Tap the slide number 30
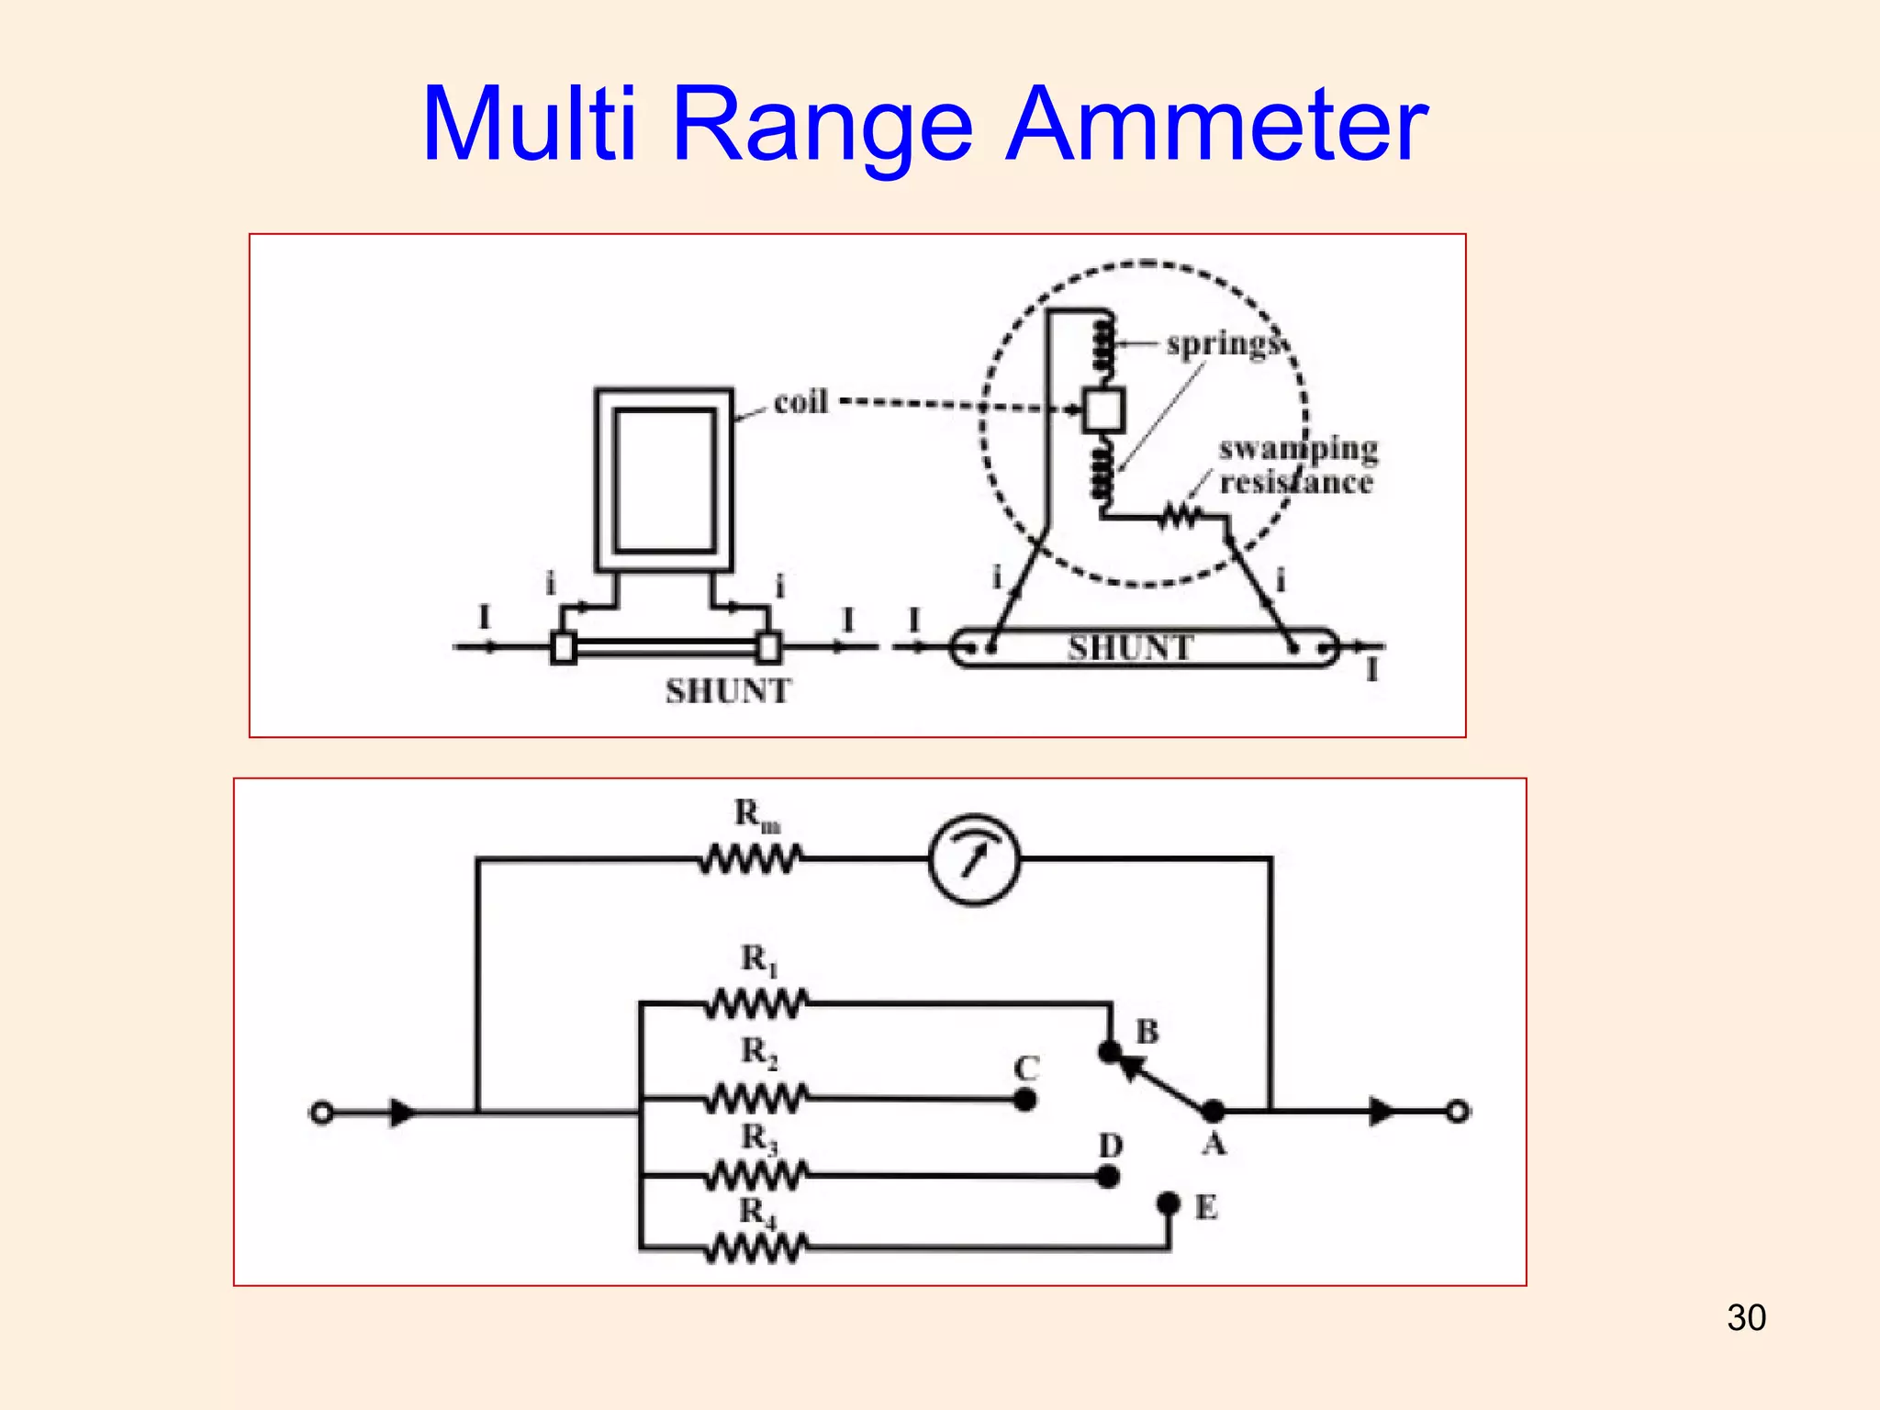1746,1317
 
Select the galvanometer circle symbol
975,860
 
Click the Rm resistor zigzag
751,860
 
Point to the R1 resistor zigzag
757,1003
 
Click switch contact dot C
1025,1099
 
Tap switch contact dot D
1108,1176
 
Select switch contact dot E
1168,1203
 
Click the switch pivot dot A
1214,1112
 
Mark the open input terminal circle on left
321,1113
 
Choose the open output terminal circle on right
1457,1112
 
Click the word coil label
800,402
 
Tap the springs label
1224,343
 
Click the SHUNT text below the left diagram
728,691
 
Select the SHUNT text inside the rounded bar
1130,648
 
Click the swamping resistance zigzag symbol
1181,517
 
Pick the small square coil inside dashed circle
1102,410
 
